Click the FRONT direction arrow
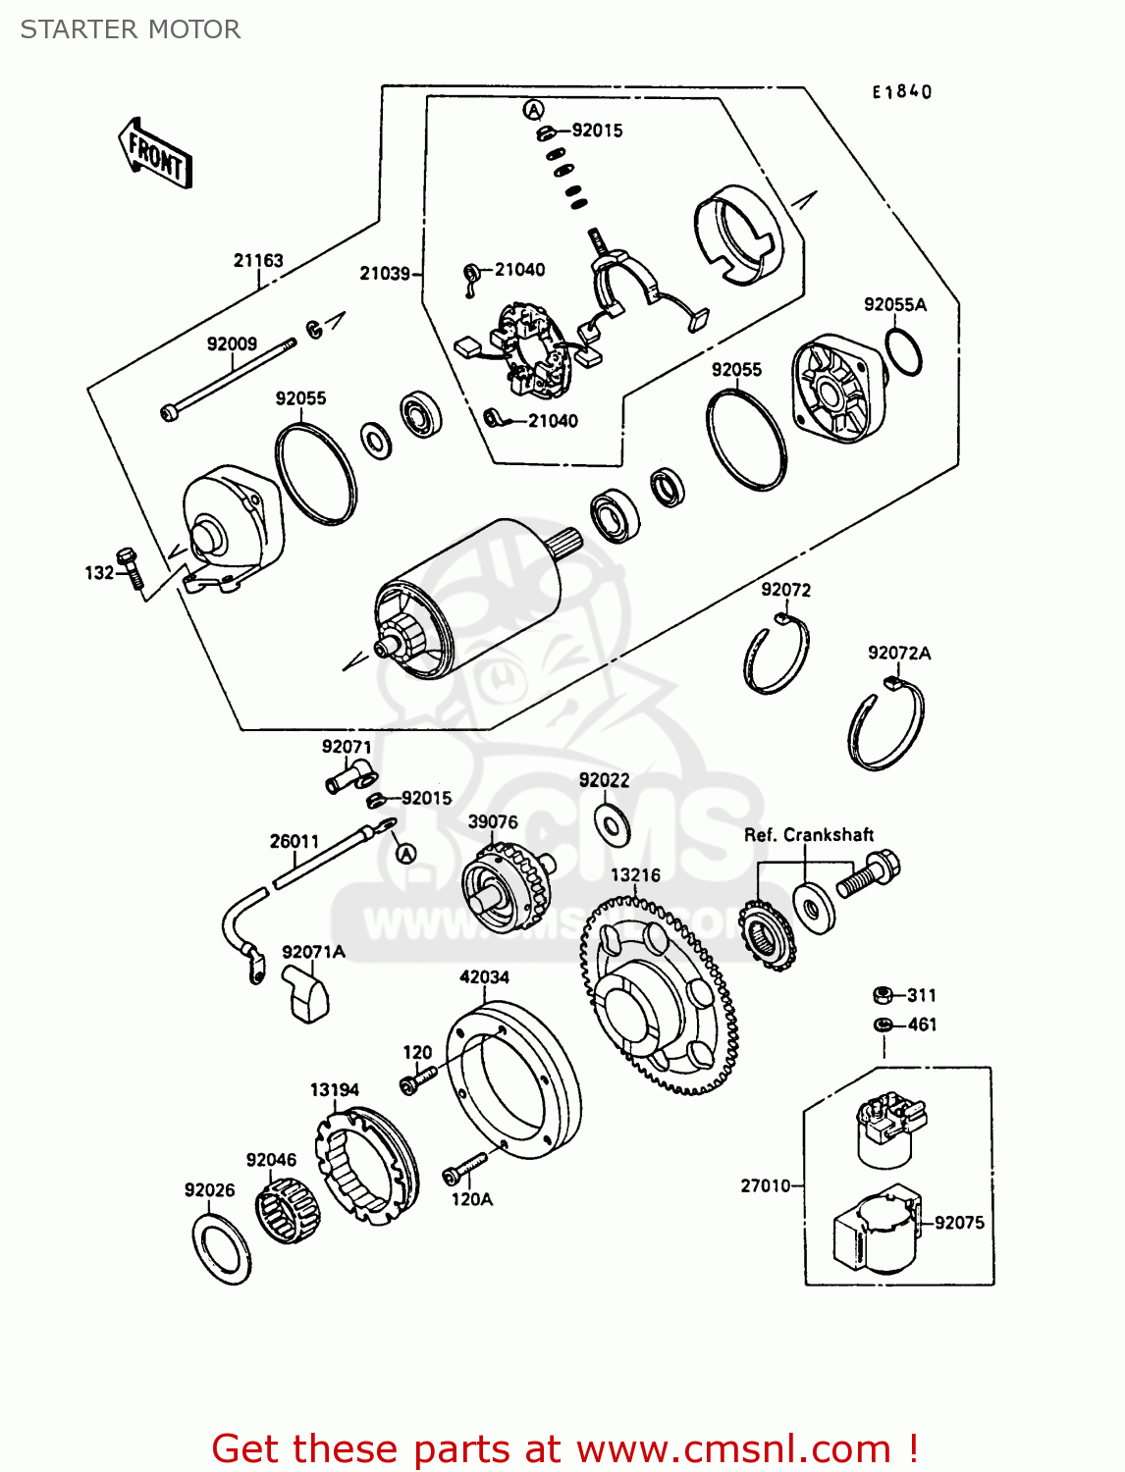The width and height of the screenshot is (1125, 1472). pyautogui.click(x=155, y=153)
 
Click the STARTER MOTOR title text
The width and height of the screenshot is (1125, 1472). pyautogui.click(x=131, y=29)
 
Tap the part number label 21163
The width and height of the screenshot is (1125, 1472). pyautogui.click(x=258, y=260)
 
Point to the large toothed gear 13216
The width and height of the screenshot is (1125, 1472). pyautogui.click(x=658, y=1001)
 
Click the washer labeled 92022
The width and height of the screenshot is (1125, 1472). pyautogui.click(x=614, y=824)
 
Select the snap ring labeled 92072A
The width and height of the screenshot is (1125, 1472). pyautogui.click(x=886, y=726)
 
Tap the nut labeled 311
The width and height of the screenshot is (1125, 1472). pyautogui.click(x=883, y=995)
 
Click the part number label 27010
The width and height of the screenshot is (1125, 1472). pyautogui.click(x=765, y=1185)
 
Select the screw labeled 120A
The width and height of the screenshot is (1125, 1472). pyautogui.click(x=464, y=1168)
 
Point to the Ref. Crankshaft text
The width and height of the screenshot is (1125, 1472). pyautogui.click(x=808, y=835)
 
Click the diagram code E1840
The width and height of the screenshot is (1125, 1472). pyautogui.click(x=902, y=91)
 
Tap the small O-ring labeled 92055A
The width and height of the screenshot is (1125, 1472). pyautogui.click(x=903, y=351)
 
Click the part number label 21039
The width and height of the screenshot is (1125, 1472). pyautogui.click(x=385, y=273)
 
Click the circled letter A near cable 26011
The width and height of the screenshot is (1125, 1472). pyautogui.click(x=406, y=853)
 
